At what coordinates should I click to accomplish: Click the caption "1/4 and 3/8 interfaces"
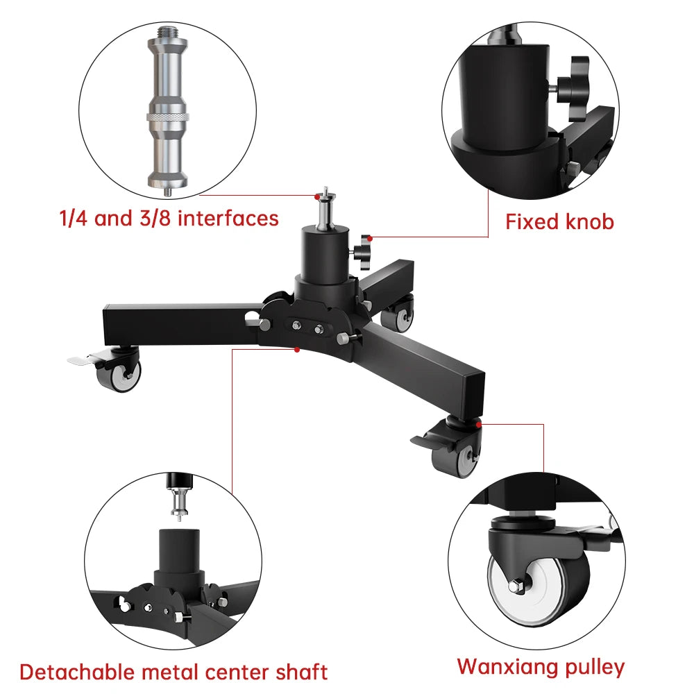pyautogui.click(x=168, y=219)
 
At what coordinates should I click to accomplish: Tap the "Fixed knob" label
pyautogui.click(x=559, y=222)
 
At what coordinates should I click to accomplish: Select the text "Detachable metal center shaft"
pyautogui.click(x=173, y=672)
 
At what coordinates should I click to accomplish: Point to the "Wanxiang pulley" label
pyautogui.click(x=541, y=668)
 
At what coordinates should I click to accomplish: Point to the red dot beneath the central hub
pyautogui.click(x=296, y=350)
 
